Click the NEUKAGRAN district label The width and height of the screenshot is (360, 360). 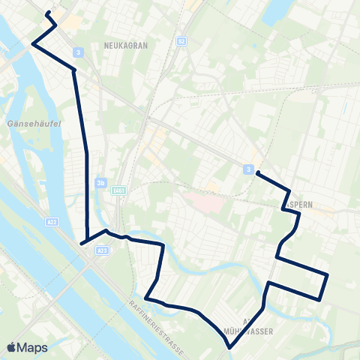(126, 45)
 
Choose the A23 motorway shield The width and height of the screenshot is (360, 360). (103, 250)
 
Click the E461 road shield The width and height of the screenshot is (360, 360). (117, 192)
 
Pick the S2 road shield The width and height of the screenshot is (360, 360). (181, 40)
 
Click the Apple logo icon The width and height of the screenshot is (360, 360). (11, 347)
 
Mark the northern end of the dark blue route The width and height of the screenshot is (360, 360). (47, 13)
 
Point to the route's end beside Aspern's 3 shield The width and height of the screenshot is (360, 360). (257, 173)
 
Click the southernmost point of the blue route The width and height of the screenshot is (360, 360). (229, 347)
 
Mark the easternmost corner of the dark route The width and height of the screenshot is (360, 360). (328, 275)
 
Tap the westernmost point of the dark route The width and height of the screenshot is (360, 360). (32, 44)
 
